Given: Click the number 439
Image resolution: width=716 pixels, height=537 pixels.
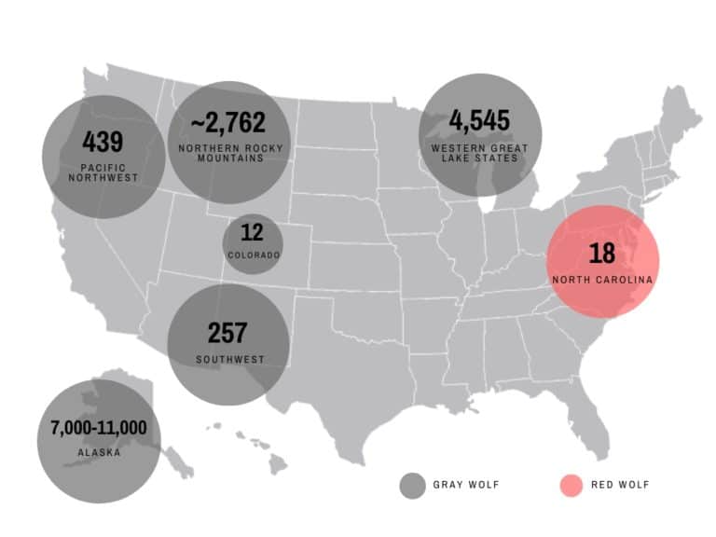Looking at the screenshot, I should (x=103, y=142).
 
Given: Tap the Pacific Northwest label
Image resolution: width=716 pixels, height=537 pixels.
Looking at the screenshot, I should (x=103, y=172).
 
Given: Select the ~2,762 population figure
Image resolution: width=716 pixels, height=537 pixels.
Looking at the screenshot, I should (x=228, y=122).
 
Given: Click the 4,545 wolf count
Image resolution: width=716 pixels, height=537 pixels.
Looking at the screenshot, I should (x=479, y=121).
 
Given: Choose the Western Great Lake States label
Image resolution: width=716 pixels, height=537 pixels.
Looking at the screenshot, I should (x=479, y=153).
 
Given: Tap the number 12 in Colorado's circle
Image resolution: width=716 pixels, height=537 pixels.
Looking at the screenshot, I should (x=253, y=232).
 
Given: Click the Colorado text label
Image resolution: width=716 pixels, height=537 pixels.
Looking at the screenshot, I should (x=253, y=255).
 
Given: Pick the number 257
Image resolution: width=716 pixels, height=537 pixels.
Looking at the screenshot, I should (x=227, y=332).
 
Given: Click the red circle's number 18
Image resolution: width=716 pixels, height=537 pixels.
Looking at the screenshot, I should (x=601, y=253).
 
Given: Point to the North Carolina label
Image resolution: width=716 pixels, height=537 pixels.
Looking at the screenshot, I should (x=602, y=280).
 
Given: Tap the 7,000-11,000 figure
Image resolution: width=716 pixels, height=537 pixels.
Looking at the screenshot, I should (x=99, y=429).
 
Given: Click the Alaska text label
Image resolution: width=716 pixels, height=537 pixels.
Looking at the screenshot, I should (x=99, y=454).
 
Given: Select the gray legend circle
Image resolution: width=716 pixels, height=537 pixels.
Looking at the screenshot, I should (x=412, y=485).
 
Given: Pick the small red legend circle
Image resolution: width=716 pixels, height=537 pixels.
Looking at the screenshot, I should (x=571, y=485).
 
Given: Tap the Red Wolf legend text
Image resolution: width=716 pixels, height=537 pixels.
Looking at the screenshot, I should (x=620, y=485).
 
